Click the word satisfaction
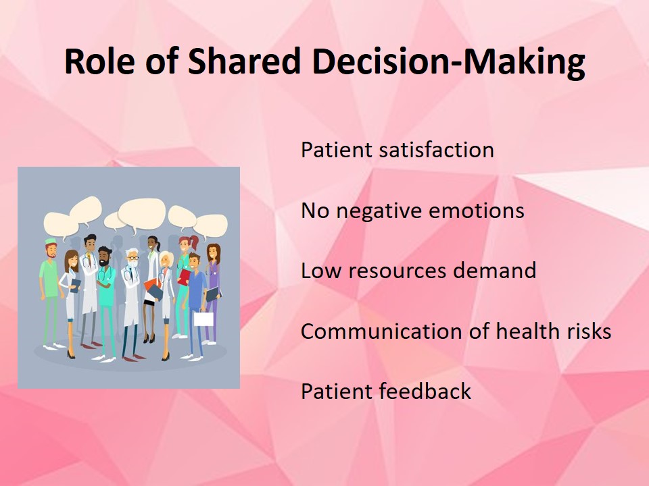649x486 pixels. point(436,150)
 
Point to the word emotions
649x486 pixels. point(477,211)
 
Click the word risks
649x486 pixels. point(589,331)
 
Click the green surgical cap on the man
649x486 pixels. point(51,241)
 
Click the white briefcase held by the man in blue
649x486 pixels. point(203,319)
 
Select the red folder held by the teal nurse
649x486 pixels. point(183,277)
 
